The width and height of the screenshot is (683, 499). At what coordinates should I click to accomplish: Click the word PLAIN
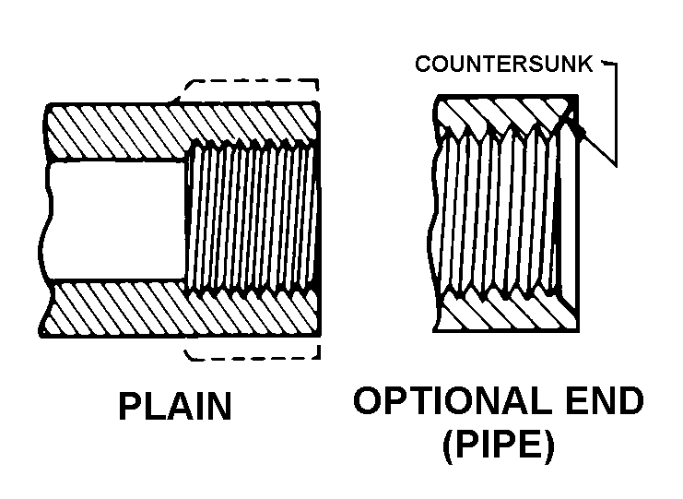click(x=175, y=406)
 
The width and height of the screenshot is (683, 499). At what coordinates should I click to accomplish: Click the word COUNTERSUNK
click(x=504, y=64)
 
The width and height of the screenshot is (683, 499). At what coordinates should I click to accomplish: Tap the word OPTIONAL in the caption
click(x=453, y=400)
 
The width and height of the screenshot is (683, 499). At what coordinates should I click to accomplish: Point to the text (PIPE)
click(x=500, y=446)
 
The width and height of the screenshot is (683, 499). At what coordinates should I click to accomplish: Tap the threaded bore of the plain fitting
click(x=252, y=219)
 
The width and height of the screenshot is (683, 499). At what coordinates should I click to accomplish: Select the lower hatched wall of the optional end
click(x=505, y=310)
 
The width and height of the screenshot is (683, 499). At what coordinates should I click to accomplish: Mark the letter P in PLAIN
click(x=128, y=406)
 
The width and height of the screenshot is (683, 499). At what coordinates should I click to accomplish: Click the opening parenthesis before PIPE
click(x=449, y=447)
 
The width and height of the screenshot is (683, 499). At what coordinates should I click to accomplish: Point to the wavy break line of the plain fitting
click(x=46, y=220)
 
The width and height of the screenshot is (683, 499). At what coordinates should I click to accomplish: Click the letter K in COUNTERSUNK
click(x=585, y=64)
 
